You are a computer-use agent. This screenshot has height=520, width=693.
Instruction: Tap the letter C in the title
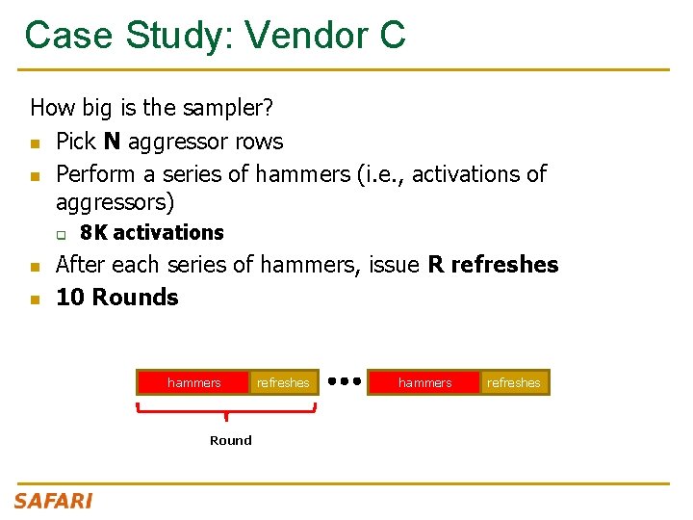coord(393,36)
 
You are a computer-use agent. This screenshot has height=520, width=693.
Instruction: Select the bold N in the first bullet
coord(112,142)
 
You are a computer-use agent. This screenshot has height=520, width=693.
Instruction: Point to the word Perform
coord(97,174)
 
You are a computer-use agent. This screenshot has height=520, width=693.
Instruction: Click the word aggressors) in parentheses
coord(115,203)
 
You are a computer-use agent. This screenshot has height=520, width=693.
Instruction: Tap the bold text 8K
coord(93,233)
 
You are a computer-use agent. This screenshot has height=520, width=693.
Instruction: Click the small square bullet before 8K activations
coord(61,234)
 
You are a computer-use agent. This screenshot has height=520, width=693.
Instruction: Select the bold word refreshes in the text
coord(504,265)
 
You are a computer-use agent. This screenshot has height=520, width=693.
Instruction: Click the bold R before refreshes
coord(436,265)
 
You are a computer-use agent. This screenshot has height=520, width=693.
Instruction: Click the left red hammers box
coord(193,382)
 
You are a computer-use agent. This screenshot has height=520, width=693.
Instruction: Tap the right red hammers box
coord(424,382)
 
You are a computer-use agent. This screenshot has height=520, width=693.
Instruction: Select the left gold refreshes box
coord(283,382)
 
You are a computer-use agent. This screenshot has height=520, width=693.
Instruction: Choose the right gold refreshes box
coord(514,382)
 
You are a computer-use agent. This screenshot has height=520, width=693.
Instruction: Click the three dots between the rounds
coord(344,381)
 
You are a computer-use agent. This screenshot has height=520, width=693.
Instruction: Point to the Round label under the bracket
coord(231,441)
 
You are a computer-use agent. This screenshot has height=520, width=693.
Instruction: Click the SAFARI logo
coord(53,501)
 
